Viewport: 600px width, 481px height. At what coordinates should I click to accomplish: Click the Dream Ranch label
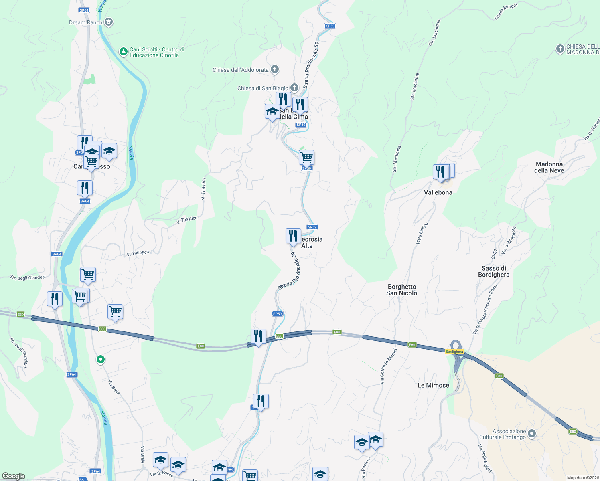[85, 22]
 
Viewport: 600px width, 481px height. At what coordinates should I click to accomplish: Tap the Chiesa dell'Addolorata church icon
[275, 69]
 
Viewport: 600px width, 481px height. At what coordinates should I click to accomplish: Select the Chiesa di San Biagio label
[263, 88]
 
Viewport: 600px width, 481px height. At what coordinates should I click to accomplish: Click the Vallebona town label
[438, 192]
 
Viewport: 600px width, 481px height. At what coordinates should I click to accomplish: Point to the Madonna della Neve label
[549, 167]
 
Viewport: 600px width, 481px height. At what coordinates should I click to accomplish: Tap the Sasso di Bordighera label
[494, 271]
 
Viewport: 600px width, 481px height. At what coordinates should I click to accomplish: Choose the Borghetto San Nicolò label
[402, 290]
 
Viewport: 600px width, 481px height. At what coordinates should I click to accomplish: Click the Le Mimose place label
[433, 385]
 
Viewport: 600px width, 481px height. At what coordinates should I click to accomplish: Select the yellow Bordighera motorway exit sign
[454, 352]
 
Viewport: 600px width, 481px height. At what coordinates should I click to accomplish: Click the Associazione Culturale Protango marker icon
[532, 433]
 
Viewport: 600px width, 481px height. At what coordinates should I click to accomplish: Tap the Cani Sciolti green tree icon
[123, 51]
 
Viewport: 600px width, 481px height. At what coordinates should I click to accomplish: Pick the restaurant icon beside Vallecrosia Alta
[293, 236]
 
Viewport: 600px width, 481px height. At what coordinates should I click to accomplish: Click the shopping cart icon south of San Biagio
[306, 157]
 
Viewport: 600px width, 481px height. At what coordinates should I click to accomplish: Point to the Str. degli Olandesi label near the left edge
[28, 277]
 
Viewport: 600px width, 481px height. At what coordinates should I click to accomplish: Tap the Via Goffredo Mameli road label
[388, 366]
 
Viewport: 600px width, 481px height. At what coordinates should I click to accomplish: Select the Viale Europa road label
[422, 233]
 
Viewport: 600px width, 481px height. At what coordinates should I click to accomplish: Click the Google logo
[13, 476]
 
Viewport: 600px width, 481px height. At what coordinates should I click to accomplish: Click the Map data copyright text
[583, 478]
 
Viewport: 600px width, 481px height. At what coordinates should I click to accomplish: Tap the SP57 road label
[494, 254]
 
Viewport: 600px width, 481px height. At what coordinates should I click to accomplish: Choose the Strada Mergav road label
[505, 11]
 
